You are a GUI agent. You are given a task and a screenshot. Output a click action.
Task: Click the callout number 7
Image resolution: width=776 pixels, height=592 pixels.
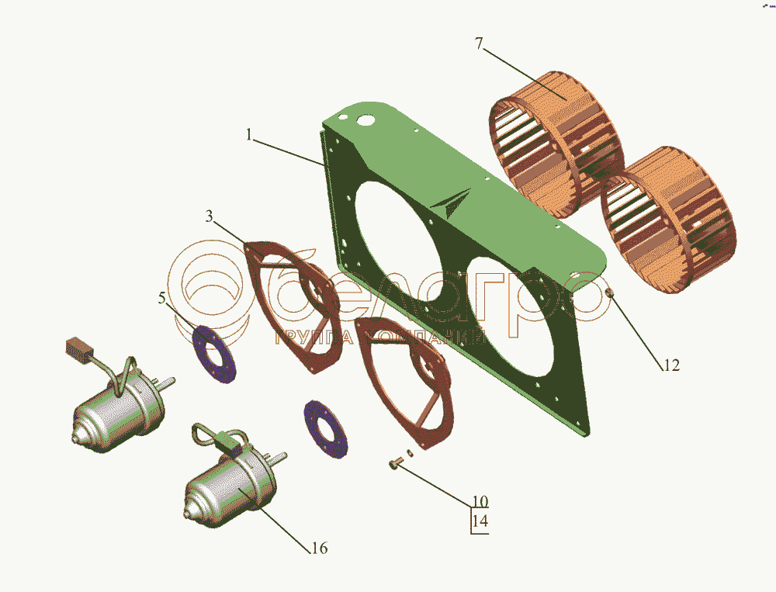479,43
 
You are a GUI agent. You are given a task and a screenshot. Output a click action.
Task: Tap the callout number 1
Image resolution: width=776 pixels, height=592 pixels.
249,135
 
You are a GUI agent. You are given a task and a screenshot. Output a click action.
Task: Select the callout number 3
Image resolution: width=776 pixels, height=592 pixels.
210,216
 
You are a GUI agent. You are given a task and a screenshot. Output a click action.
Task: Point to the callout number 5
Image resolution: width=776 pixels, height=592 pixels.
162,298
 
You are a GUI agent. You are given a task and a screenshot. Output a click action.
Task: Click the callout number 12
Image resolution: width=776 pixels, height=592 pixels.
671,365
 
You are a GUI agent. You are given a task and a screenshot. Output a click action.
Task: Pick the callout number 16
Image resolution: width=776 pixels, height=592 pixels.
320,548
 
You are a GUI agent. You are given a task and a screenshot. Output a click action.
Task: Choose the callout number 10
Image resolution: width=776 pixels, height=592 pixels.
480,501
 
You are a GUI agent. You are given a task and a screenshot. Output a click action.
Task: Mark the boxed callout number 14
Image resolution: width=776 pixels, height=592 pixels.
480,521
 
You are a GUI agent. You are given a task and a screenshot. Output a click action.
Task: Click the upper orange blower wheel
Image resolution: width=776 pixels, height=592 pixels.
556,144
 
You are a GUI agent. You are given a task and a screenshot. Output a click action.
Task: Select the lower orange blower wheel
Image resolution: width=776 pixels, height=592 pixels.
668,220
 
